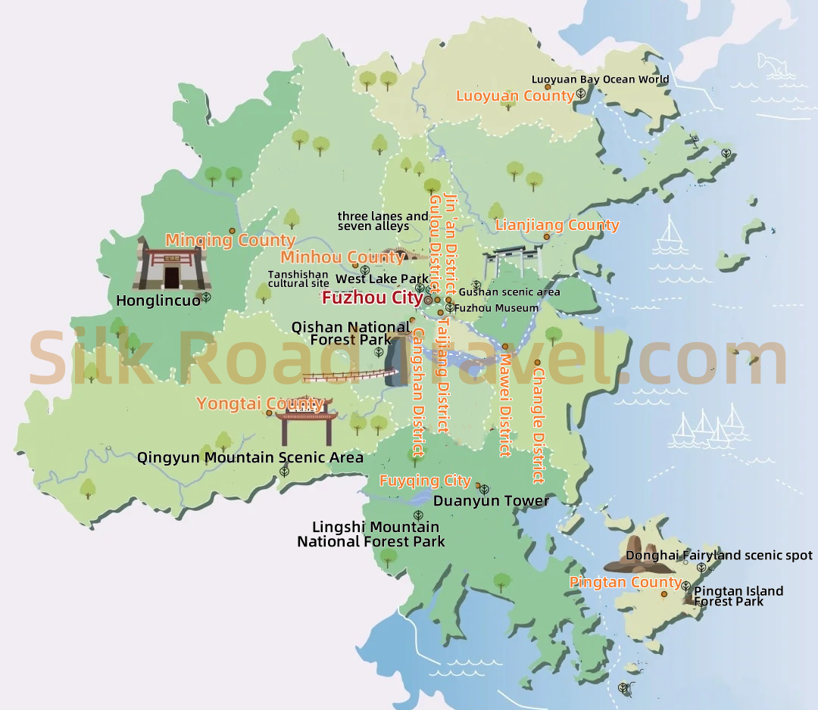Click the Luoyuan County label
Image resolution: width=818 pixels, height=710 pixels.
tap(515, 96)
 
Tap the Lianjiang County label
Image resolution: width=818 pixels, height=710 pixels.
tap(557, 225)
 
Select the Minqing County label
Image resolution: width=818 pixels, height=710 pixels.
tap(220, 241)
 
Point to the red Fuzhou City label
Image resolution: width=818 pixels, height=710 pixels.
tap(372, 298)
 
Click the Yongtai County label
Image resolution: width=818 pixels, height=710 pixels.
tap(260, 403)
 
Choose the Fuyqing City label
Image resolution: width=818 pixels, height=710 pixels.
tap(425, 481)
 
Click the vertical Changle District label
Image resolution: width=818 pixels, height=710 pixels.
tap(539, 425)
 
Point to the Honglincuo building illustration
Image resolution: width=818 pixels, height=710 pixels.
tap(171, 265)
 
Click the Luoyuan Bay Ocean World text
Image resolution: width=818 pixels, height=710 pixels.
tap(600, 79)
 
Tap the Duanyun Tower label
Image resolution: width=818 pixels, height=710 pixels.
tap(491, 500)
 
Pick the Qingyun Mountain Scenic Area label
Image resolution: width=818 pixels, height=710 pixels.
tap(250, 457)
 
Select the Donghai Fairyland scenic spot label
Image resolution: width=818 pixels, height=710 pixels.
tap(719, 556)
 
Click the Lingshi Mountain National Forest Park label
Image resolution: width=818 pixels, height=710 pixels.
tap(371, 534)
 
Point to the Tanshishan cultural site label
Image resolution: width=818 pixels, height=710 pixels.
tap(298, 279)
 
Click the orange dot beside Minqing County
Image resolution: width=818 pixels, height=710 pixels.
tap(232, 230)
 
